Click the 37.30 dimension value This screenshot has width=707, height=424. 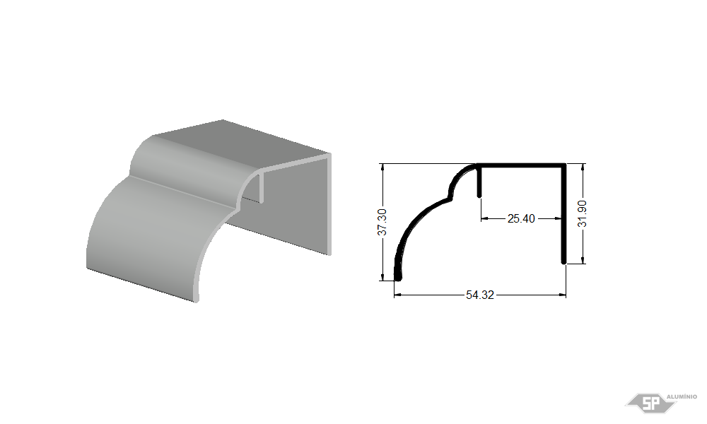point(382,222)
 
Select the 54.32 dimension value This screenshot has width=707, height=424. point(480,295)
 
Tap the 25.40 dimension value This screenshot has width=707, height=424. point(521,218)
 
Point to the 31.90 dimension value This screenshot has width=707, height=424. point(582,213)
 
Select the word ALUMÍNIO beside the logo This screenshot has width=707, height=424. point(682,396)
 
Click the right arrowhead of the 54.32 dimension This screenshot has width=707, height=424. point(562,295)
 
